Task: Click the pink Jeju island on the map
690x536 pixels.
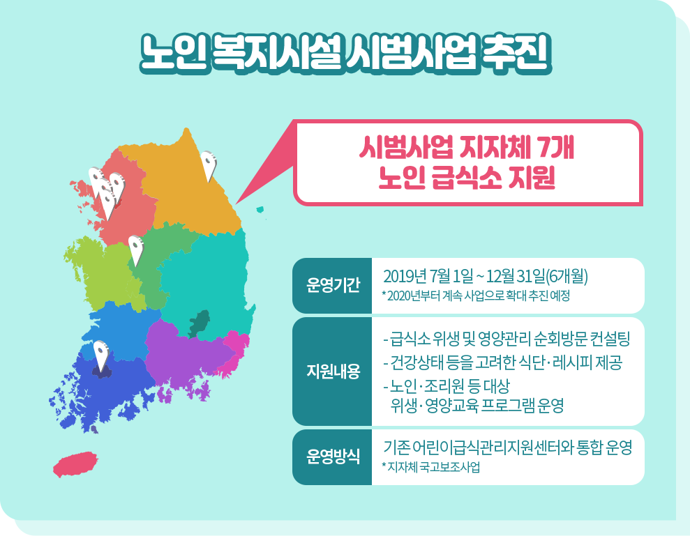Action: pos(75,464)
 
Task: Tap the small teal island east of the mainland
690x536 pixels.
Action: pos(260,210)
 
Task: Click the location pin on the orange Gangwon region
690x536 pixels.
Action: pos(209,166)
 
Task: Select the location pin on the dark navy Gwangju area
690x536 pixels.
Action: pos(101,356)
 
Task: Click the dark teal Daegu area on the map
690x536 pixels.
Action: pos(199,323)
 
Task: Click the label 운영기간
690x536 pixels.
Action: pos(333,285)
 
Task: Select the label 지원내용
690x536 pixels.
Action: pos(333,372)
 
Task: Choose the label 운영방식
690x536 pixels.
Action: pos(333,457)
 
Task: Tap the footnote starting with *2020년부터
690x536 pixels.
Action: pos(476,296)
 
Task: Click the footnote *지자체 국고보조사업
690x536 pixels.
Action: pos(430,467)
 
